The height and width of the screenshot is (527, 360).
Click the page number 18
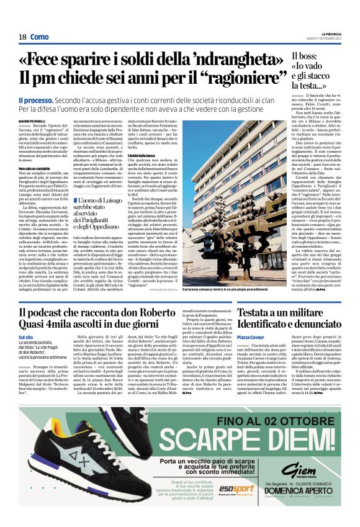pos(22,37)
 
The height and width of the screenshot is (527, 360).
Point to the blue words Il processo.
pos(35,100)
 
